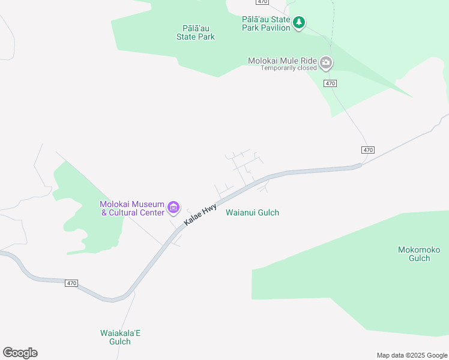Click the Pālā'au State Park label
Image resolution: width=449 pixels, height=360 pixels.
coord(195,32)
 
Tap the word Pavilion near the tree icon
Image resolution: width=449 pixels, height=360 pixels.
coord(274,28)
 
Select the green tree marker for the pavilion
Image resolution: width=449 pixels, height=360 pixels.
coord(299,23)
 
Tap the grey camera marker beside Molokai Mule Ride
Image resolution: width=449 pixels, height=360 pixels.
coord(326,62)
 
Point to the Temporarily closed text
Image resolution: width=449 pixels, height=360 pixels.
coord(288,68)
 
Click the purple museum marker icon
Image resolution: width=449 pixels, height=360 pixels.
coord(173,208)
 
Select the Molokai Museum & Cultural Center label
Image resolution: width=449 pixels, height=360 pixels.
coord(132,208)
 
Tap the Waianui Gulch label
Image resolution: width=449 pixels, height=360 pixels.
coord(252,212)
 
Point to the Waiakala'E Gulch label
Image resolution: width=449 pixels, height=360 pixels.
coord(120,337)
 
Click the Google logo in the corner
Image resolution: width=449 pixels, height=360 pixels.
coord(20,353)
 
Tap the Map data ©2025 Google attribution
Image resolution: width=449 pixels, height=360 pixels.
coord(411,355)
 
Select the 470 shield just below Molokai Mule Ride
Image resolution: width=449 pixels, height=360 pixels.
coord(330,83)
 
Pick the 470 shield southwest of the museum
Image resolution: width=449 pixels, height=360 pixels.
coord(71,283)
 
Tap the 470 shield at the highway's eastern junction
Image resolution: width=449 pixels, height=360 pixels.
coord(368,149)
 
